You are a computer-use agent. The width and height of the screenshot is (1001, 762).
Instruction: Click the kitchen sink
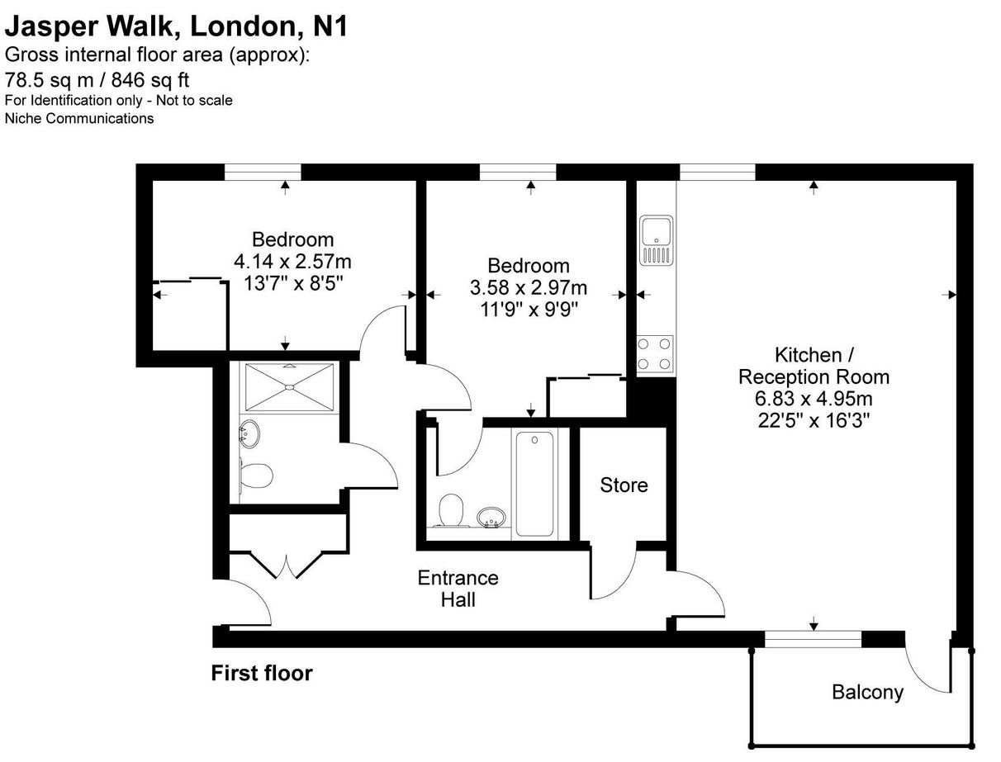pyautogui.click(x=656, y=240)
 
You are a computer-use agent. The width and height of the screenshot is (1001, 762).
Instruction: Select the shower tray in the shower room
pyautogui.click(x=289, y=387)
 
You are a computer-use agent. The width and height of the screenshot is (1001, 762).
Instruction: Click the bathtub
pyautogui.click(x=534, y=484)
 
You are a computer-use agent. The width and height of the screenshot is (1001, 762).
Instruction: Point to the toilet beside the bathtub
pyautogui.click(x=451, y=510)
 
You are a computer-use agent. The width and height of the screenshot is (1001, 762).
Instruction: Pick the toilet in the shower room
pyautogui.click(x=256, y=476)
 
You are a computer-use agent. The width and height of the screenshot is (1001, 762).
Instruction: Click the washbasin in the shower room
pyautogui.click(x=249, y=433)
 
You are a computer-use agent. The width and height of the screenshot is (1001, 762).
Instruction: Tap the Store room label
pyautogui.click(x=624, y=485)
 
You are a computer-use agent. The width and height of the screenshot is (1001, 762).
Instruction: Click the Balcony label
pyautogui.click(x=867, y=692)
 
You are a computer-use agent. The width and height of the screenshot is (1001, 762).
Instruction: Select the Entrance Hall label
pyautogui.click(x=458, y=589)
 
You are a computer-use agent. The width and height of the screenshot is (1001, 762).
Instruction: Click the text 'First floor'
pyautogui.click(x=262, y=673)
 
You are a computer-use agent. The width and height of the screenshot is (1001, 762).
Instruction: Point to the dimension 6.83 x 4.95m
pyautogui.click(x=814, y=399)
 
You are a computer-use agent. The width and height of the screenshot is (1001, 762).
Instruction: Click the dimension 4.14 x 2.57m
pyautogui.click(x=292, y=262)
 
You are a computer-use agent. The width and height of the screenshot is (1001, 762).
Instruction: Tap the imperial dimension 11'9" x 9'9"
pyautogui.click(x=529, y=310)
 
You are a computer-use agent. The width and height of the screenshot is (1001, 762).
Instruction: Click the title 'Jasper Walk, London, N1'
pyautogui.click(x=176, y=26)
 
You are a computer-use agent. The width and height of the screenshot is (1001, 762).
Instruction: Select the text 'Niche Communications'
pyautogui.click(x=79, y=119)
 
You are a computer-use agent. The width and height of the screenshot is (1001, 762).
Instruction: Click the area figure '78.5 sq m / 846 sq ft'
pyautogui.click(x=97, y=80)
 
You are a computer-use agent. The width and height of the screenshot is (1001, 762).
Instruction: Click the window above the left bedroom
pyautogui.click(x=262, y=172)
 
